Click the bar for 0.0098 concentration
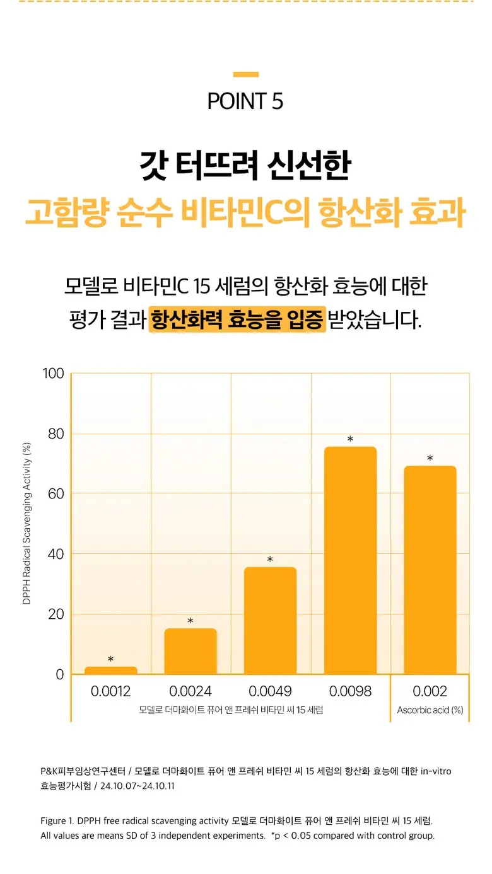pyautogui.click(x=350, y=560)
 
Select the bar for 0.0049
pyautogui.click(x=270, y=621)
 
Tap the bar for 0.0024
pyautogui.click(x=190, y=651)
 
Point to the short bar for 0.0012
pyautogui.click(x=111, y=670)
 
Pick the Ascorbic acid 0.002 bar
pyautogui.click(x=430, y=570)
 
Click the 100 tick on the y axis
pyautogui.click(x=53, y=374)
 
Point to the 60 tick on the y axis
pyautogui.click(x=56, y=493)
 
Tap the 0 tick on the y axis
pyautogui.click(x=60, y=674)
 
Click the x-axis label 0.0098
pyautogui.click(x=350, y=691)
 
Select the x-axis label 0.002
pyautogui.click(x=430, y=691)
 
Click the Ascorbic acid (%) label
pyautogui.click(x=430, y=710)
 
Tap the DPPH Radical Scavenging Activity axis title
pyautogui.click(x=26, y=524)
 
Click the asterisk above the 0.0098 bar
pyautogui.click(x=350, y=439)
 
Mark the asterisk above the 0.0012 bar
pyautogui.click(x=111, y=659)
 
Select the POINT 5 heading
pyautogui.click(x=245, y=101)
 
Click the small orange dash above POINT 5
pyautogui.click(x=246, y=74)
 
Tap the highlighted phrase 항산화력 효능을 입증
pyautogui.click(x=237, y=319)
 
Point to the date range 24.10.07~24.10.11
pyautogui.click(x=137, y=785)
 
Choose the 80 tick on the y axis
pyautogui.click(x=56, y=434)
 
